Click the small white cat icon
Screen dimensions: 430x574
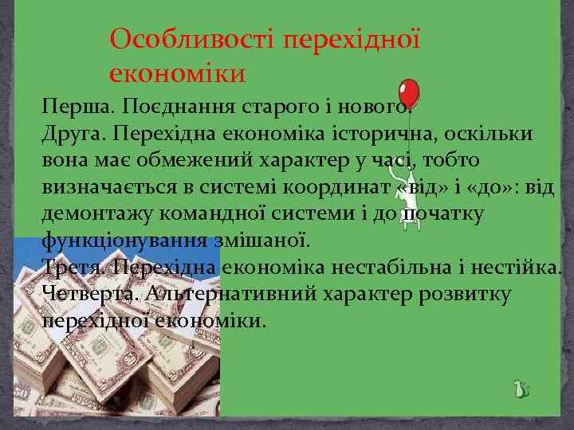(x=521, y=389)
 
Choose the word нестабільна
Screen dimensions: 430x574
(x=402, y=267)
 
